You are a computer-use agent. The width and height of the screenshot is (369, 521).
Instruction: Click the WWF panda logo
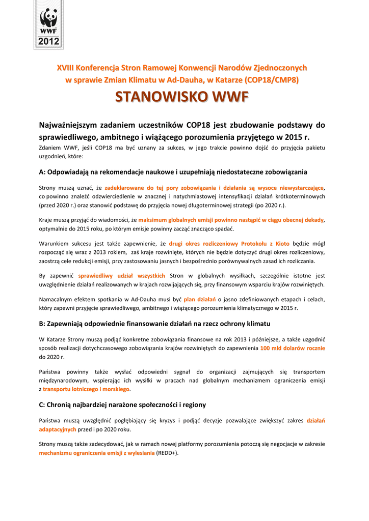[x=49, y=21]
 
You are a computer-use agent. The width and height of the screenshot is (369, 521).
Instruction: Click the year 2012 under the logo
[x=49, y=41]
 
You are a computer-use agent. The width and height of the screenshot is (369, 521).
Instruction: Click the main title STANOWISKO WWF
[x=181, y=97]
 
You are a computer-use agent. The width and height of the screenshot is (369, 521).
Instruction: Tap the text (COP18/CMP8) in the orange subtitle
[x=271, y=80]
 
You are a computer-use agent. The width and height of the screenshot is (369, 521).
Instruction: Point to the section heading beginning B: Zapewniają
[x=154, y=324]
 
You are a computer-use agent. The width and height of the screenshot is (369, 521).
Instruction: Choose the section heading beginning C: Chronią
[x=122, y=405]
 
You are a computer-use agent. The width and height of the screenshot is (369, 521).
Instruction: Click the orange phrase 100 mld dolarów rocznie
[x=293, y=349]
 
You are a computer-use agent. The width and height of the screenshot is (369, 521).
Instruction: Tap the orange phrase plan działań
[x=200, y=299]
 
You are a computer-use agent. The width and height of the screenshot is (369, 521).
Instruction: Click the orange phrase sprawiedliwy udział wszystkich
[x=122, y=276]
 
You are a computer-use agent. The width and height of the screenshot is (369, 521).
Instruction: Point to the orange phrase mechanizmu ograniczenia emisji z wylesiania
[x=97, y=453]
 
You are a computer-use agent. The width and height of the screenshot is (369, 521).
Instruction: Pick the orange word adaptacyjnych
[x=58, y=429]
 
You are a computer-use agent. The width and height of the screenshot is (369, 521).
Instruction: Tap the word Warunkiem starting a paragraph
[x=54, y=243]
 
